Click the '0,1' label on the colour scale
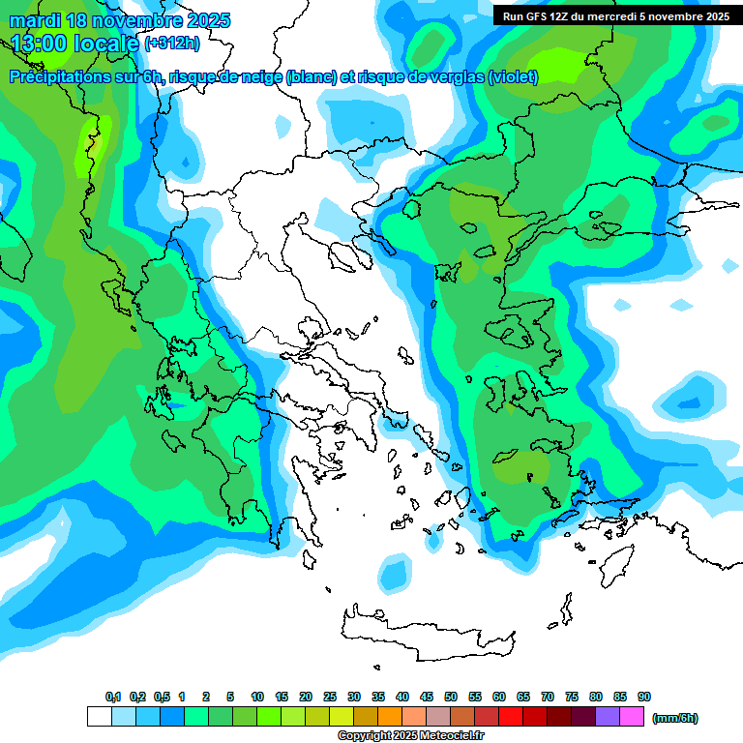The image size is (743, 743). (x=112, y=697)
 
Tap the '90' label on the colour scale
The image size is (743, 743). (x=644, y=697)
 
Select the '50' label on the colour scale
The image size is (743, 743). (x=451, y=697)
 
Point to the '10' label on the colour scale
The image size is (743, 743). (x=257, y=697)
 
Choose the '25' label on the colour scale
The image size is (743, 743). (x=330, y=697)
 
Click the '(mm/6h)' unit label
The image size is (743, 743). (x=674, y=718)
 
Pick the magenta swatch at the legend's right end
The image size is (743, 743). (x=632, y=717)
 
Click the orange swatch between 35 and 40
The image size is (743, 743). (x=390, y=717)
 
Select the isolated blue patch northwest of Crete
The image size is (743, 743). (x=394, y=574)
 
